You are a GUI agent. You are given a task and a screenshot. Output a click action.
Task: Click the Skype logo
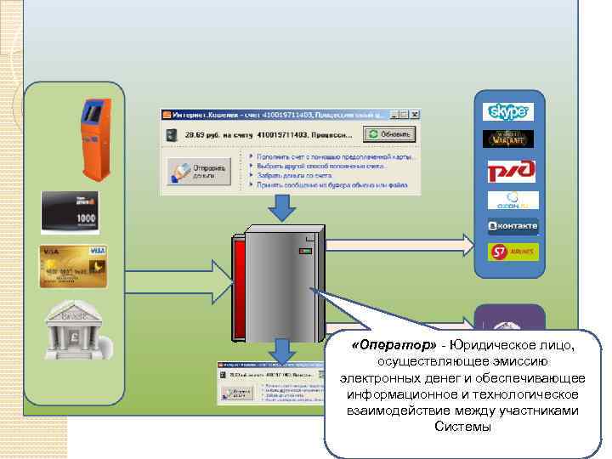(508, 111)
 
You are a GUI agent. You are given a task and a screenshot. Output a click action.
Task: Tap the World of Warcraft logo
(508, 139)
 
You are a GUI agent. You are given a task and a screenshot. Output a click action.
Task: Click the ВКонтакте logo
(513, 226)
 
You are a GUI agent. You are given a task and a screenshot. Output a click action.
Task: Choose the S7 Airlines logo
(513, 252)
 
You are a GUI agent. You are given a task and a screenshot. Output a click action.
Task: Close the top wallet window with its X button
(414, 114)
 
